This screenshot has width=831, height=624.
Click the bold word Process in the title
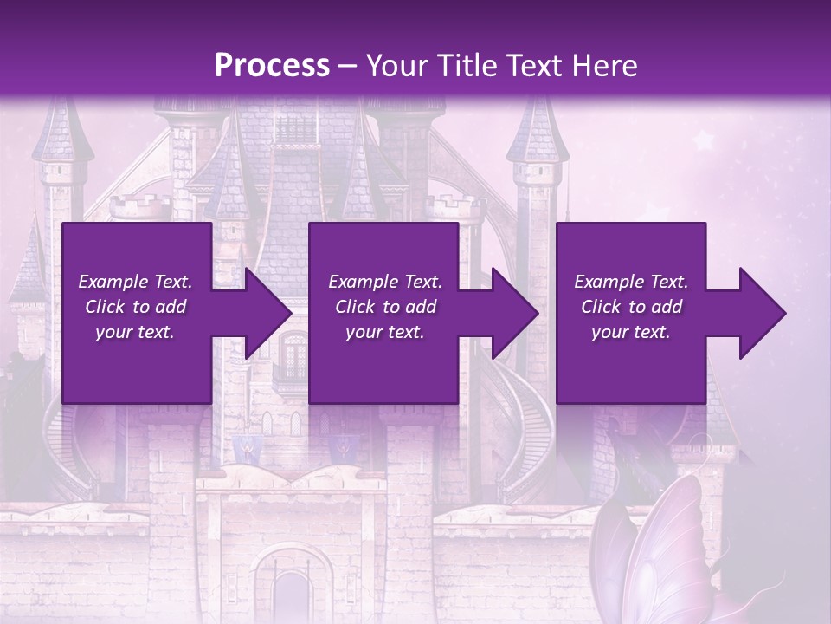[272, 66]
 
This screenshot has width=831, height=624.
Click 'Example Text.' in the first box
[135, 282]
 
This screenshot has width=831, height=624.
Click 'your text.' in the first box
[135, 332]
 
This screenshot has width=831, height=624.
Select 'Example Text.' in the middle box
[385, 282]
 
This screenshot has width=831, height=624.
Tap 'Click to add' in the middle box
[385, 307]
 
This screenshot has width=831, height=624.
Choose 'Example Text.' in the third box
[631, 282]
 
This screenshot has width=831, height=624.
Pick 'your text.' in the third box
[631, 332]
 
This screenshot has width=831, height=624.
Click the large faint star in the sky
[703, 140]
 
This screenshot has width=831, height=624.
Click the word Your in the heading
[395, 66]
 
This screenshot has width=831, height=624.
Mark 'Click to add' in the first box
[135, 307]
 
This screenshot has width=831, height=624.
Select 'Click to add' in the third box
[631, 307]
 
